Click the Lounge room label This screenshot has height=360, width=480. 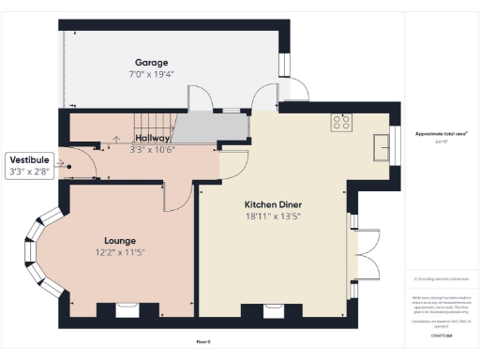[x=120, y=240]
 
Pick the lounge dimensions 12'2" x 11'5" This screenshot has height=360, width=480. [x=119, y=252]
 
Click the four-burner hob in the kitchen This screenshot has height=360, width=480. [x=339, y=121]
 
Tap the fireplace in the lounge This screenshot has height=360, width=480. [x=124, y=308]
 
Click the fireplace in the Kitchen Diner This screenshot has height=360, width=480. [x=272, y=309]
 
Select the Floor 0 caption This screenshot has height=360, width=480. [x=203, y=342]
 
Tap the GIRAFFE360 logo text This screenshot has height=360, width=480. [x=442, y=335]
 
